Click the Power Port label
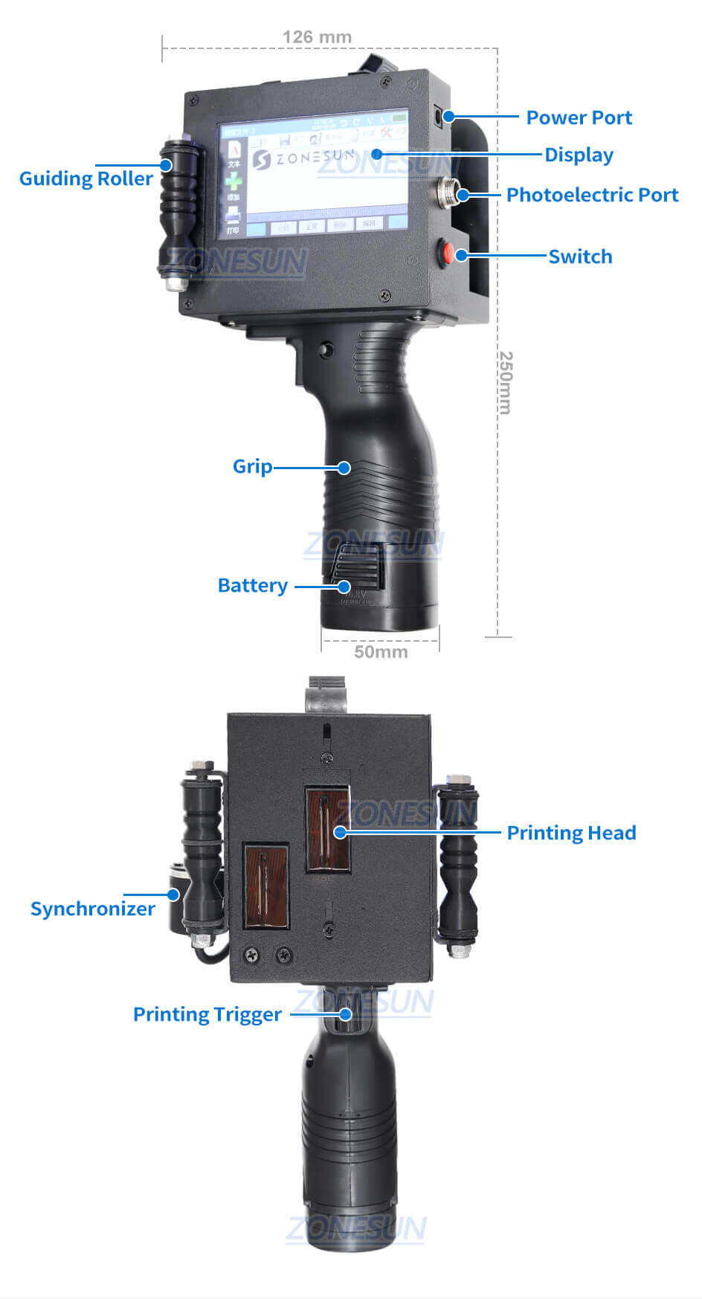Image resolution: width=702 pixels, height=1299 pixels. pyautogui.click(x=579, y=117)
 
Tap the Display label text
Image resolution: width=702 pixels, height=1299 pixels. pyautogui.click(x=579, y=155)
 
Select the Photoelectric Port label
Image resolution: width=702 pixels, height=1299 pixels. pyautogui.click(x=592, y=195)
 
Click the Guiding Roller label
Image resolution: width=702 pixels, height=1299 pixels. pyautogui.click(x=86, y=178)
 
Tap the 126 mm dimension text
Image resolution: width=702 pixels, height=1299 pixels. pyautogui.click(x=317, y=36)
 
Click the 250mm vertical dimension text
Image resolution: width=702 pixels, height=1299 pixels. pyautogui.click(x=505, y=382)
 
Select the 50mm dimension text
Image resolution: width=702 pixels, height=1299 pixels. pyautogui.click(x=381, y=652)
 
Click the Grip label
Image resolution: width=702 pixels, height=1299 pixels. pyautogui.click(x=252, y=466)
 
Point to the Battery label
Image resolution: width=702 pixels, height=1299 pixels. pyautogui.click(x=252, y=585)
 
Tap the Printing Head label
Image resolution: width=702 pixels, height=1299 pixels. pyautogui.click(x=571, y=833)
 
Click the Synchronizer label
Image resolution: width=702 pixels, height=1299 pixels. pyautogui.click(x=92, y=909)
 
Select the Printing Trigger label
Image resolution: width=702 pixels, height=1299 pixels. pyautogui.click(x=207, y=1014)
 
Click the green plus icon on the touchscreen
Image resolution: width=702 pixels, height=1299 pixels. pyautogui.click(x=234, y=181)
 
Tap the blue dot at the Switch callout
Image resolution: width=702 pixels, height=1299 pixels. pyautogui.click(x=461, y=255)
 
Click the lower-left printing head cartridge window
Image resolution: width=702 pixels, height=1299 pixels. pyautogui.click(x=266, y=886)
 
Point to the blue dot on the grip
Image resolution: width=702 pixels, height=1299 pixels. pyautogui.click(x=344, y=468)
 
